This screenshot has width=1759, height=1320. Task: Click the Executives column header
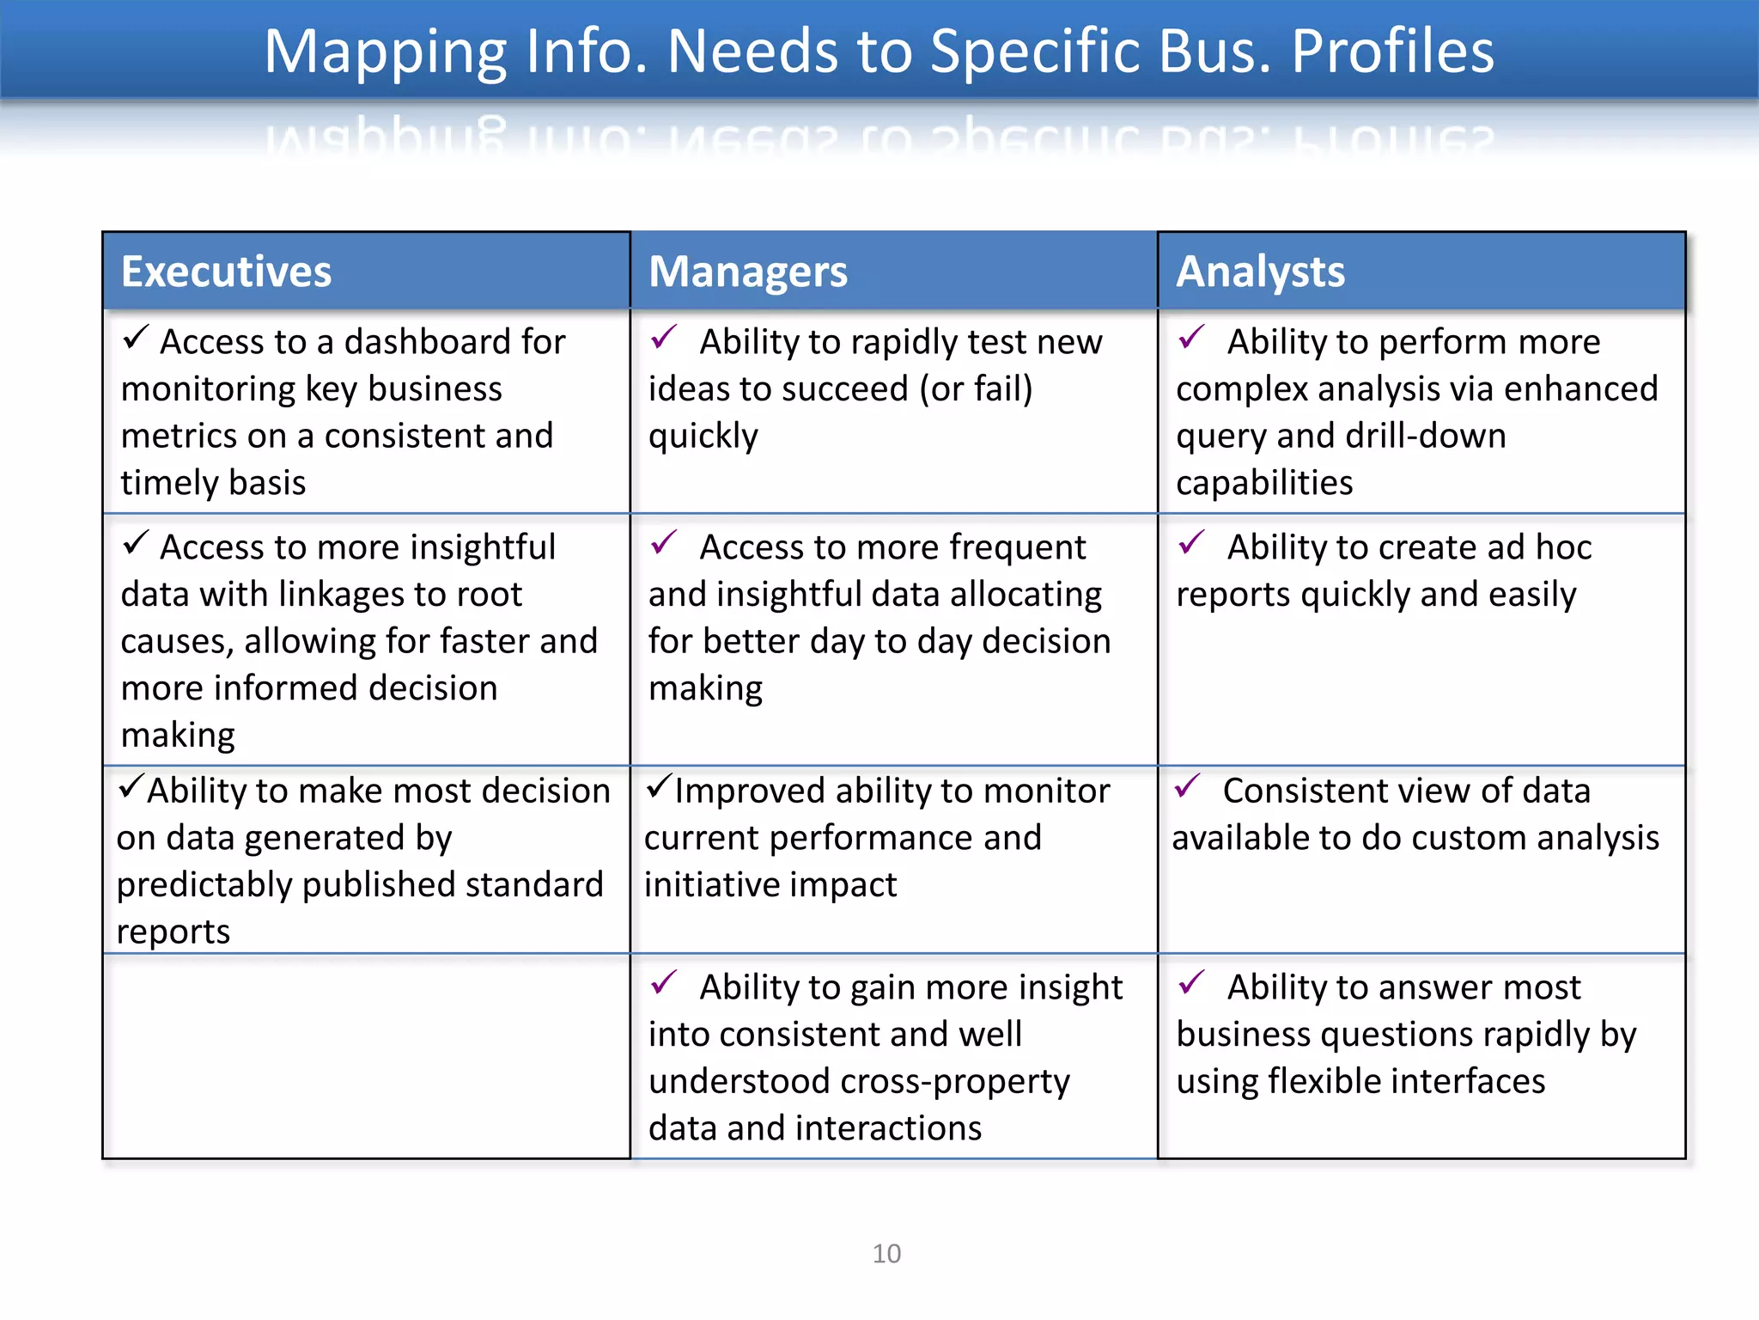point(226,272)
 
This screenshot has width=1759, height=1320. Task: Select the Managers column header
point(747,272)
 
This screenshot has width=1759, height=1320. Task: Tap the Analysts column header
point(1260,272)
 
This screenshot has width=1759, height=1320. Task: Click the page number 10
point(886,1254)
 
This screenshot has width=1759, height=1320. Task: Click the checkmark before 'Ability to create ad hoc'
point(1191,542)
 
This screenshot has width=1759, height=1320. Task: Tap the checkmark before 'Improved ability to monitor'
point(659,785)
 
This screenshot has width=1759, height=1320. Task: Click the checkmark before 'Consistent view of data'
point(1187,785)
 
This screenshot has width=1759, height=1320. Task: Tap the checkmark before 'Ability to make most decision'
point(131,785)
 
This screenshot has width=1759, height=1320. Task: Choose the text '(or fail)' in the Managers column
point(976,389)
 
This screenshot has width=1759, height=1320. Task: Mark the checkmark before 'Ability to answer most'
point(1191,982)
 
